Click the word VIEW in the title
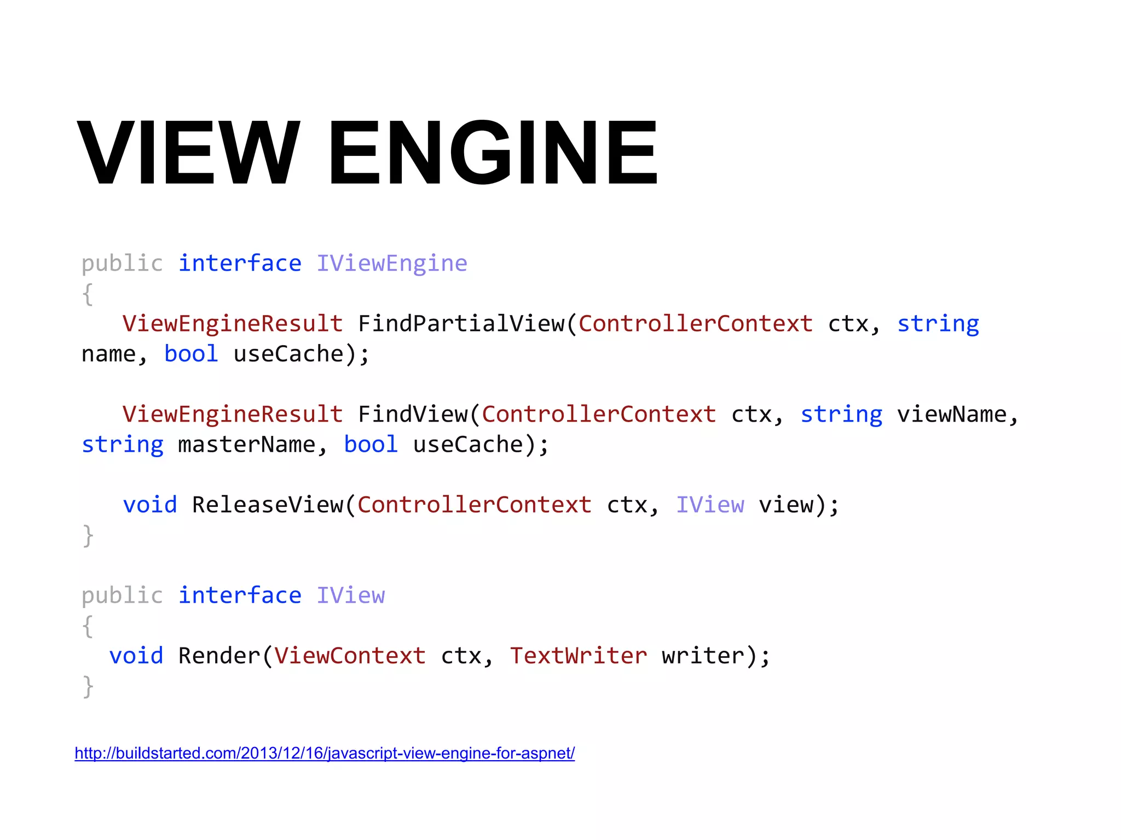(189, 153)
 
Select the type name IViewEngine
(392, 264)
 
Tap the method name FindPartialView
(461, 324)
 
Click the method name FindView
(413, 415)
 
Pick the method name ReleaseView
(268, 505)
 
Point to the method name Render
(219, 656)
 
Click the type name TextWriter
(579, 656)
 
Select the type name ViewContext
(350, 656)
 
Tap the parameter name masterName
(247, 445)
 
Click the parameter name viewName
(951, 415)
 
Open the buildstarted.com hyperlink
(325, 753)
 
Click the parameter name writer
(703, 656)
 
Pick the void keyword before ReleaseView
(150, 505)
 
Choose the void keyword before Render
(136, 656)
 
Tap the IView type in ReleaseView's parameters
(710, 505)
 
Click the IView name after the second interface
(350, 596)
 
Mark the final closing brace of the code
(88, 686)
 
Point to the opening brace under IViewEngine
(88, 295)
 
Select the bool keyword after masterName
(371, 445)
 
